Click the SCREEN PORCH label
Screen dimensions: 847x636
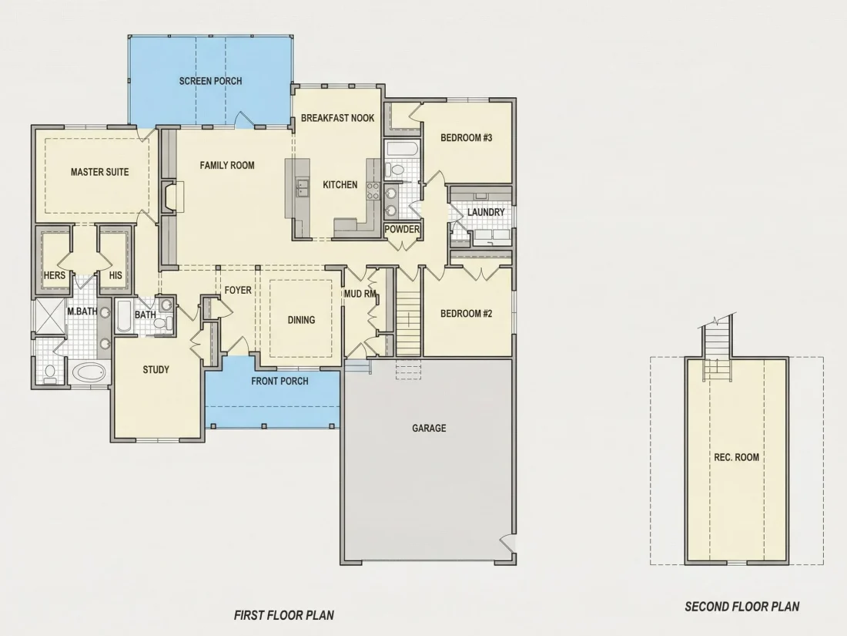click(210, 81)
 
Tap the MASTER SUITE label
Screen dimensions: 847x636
click(100, 172)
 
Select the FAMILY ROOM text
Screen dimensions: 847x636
click(227, 166)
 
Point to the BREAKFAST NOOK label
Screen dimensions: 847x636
click(337, 118)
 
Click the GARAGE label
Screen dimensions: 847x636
click(429, 429)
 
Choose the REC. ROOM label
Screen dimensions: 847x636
click(736, 457)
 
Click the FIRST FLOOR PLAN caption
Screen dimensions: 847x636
click(284, 615)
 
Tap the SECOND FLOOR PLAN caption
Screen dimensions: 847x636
click(742, 607)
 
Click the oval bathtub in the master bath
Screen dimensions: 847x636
click(89, 372)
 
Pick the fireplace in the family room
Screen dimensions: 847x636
click(172, 196)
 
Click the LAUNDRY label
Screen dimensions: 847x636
click(486, 212)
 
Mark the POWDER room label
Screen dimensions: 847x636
click(402, 229)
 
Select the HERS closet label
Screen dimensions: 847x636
click(54, 275)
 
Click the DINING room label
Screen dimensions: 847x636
click(301, 320)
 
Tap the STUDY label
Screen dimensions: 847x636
click(156, 370)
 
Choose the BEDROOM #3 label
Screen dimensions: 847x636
click(466, 138)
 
